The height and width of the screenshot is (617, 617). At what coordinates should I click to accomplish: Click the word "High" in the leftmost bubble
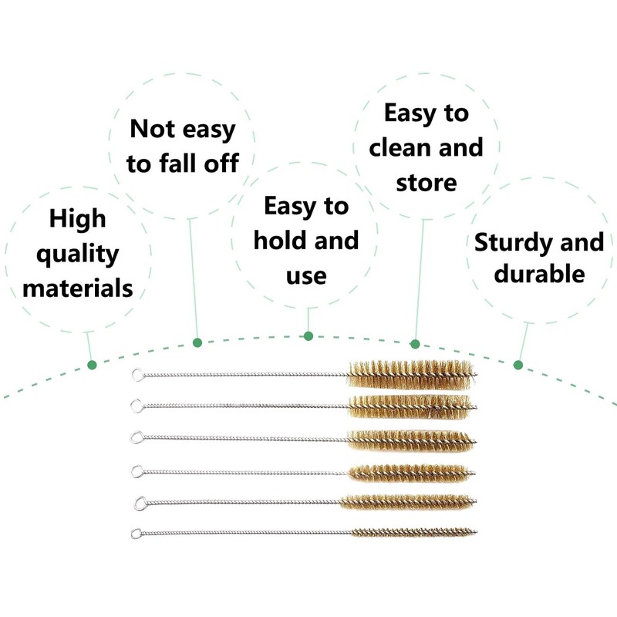77,218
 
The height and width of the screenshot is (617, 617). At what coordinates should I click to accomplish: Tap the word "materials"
77,288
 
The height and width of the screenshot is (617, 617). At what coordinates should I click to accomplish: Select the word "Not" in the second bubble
151,128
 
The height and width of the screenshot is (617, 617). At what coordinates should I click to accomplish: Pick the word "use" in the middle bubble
306,275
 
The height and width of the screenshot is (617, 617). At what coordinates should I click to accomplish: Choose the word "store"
427,183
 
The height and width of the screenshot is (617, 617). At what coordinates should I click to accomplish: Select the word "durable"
539,274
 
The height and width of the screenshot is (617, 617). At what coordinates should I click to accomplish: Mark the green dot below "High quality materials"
92,364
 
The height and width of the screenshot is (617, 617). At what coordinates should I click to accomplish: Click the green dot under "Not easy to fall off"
197,342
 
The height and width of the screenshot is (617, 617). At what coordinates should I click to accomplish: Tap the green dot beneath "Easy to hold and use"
308,335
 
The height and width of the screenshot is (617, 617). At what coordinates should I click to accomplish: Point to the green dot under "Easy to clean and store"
415,343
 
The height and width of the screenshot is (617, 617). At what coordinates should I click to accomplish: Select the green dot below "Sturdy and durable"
518,364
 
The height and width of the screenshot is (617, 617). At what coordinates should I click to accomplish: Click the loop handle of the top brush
137,376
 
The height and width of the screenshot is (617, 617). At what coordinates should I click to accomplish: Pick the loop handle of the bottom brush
135,532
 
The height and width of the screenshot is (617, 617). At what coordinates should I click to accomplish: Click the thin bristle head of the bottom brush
413,532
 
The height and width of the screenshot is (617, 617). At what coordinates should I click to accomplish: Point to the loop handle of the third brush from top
137,437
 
